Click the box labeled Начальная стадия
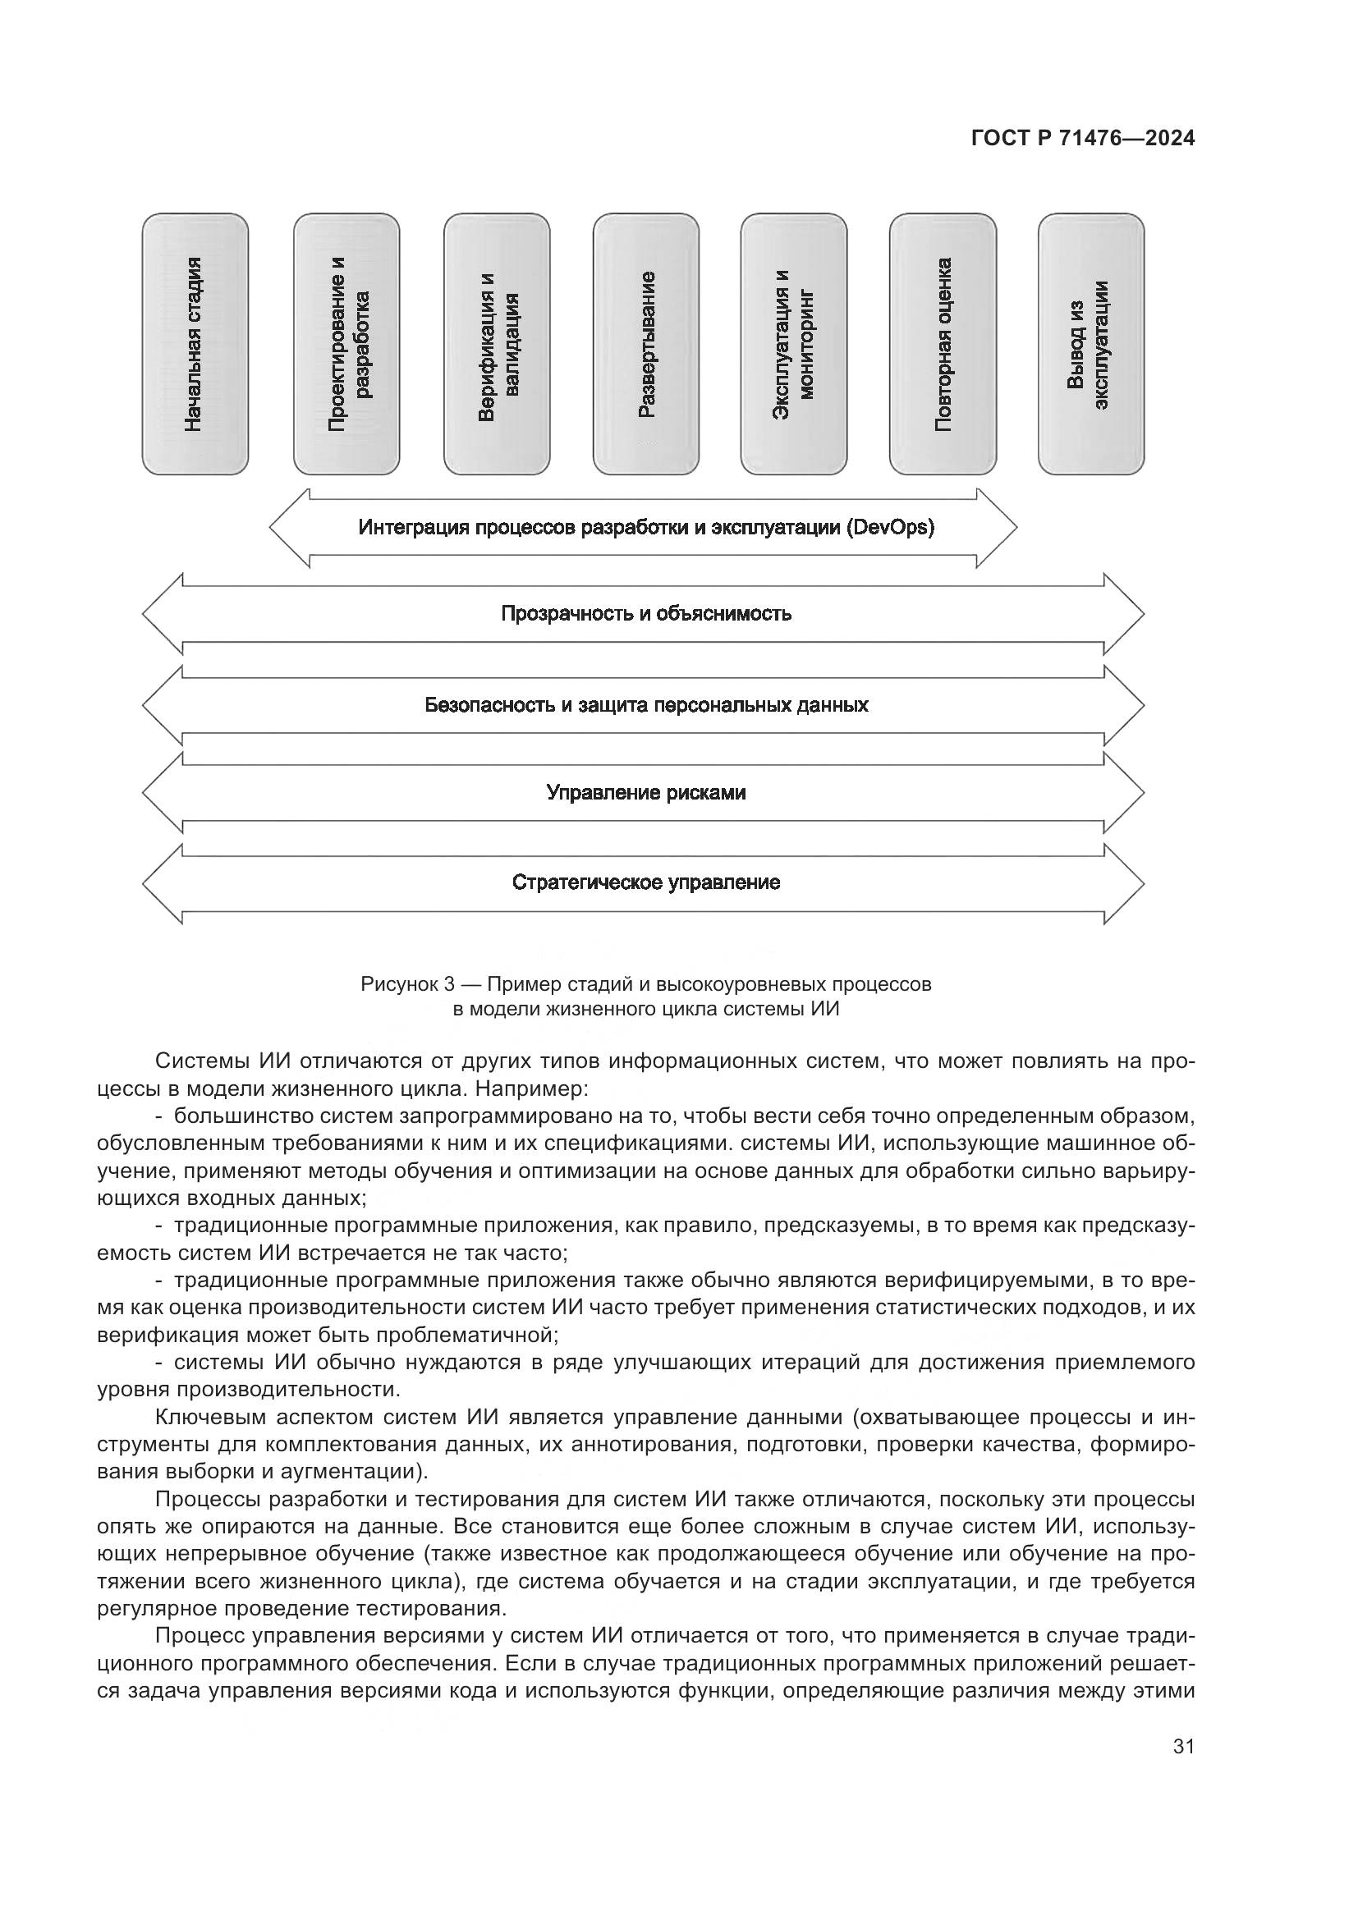coord(195,344)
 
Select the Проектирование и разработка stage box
coord(346,344)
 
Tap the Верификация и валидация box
coord(497,344)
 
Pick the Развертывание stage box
coord(645,344)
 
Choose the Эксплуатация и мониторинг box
coord(794,344)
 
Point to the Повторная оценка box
coord(943,344)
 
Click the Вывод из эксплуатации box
coord(1091,344)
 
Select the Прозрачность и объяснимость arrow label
coord(645,614)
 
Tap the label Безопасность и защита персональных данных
coord(645,705)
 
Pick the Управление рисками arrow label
coord(645,792)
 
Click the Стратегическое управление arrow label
coord(645,882)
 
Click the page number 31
coord(1183,1746)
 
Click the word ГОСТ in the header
coord(1000,139)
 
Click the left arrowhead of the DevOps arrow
coord(287,528)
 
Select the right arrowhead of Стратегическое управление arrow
coord(1126,883)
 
